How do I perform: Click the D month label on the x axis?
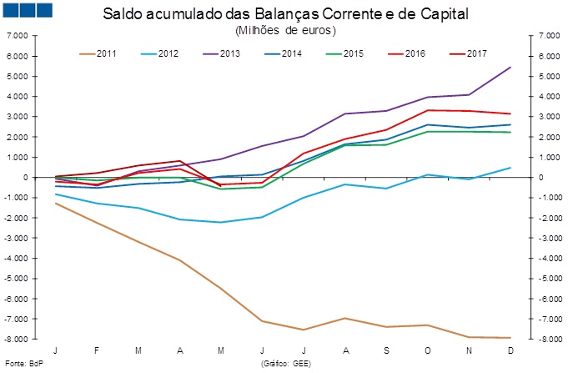click(510, 350)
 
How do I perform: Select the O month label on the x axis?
click(428, 350)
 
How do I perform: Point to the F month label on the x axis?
click(97, 350)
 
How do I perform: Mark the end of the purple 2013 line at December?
click(510, 68)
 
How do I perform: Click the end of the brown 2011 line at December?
click(510, 338)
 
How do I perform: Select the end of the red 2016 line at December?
click(510, 113)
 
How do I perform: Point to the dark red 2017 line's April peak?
click(180, 161)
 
